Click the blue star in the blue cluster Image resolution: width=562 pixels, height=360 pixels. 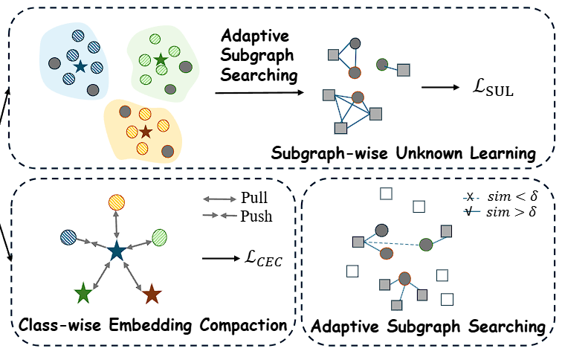click(80, 66)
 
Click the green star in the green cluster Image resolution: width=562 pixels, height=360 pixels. click(161, 60)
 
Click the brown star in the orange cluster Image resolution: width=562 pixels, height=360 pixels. click(146, 132)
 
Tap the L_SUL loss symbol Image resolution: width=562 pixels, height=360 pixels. click(493, 88)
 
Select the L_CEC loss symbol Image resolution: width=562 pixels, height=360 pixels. click(263, 258)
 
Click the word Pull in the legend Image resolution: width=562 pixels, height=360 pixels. click(254, 198)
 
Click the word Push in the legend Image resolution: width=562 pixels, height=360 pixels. click(256, 216)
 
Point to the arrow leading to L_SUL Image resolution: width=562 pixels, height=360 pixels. click(441, 87)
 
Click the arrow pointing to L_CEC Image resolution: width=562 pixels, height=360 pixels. click(221, 258)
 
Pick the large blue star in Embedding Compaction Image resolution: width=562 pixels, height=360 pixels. click(116, 251)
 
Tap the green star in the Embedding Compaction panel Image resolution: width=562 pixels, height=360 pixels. click(83, 293)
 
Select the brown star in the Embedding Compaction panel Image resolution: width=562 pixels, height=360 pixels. click(152, 294)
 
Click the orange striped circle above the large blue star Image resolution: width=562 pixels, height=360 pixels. click(117, 202)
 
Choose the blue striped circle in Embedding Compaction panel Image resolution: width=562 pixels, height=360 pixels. click(68, 237)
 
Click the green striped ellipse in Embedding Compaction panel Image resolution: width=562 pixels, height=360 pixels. click(159, 237)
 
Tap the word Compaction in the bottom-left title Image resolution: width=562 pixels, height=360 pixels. click(243, 326)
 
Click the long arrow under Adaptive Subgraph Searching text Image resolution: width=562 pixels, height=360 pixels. click(259, 93)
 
